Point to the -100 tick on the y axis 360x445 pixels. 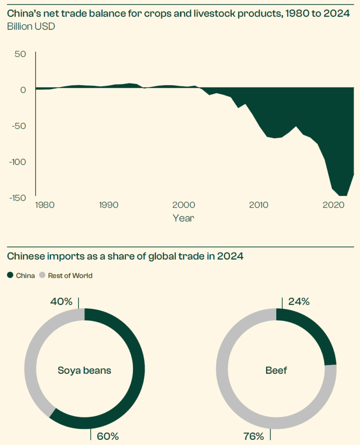click(17, 162)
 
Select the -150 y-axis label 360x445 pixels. click(17, 198)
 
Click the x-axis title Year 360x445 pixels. click(183, 218)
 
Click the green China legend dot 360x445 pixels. click(10, 276)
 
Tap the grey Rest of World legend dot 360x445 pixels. click(43, 276)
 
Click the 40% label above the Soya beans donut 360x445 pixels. click(61, 301)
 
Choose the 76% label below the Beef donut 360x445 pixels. click(253, 436)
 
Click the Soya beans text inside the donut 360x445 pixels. click(85, 371)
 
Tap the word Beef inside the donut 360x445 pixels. click(276, 371)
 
